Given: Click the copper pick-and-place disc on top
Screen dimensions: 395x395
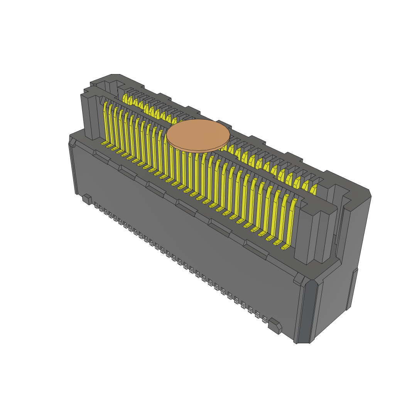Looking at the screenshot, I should (198, 135).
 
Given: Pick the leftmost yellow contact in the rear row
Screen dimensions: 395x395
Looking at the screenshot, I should (125, 98).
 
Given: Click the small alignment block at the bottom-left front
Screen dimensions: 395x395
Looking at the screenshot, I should (87, 199).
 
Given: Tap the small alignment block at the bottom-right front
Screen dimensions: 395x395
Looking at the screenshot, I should (275, 326).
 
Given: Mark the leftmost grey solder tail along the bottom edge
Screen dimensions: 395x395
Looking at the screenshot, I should (96, 206).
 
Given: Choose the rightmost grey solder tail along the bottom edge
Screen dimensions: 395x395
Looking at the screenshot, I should (265, 319).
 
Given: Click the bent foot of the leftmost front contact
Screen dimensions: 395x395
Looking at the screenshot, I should (105, 143).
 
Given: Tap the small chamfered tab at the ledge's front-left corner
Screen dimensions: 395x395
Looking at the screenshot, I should (72, 143).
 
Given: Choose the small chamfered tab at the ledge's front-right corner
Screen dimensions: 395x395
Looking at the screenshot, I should (298, 279).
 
